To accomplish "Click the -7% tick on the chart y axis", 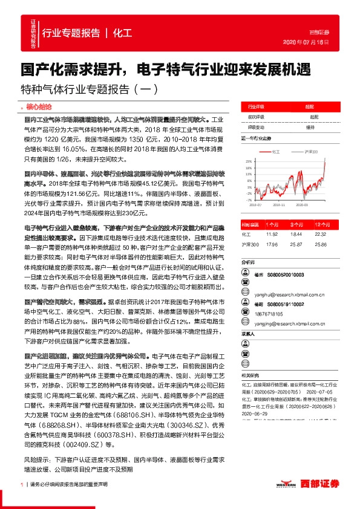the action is pos(248,199).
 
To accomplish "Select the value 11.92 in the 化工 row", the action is pos(272,233).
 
